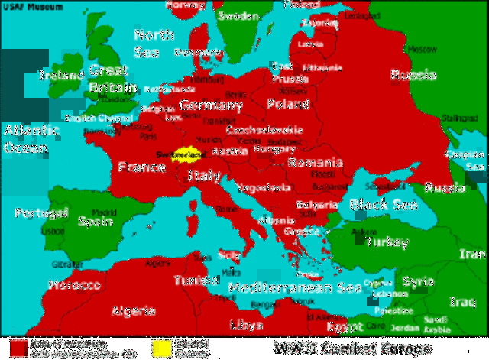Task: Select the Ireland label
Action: pyautogui.click(x=61, y=76)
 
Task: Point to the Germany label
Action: pyautogui.click(x=211, y=105)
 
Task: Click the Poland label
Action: pyautogui.click(x=288, y=103)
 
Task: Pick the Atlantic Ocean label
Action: pyautogui.click(x=31, y=138)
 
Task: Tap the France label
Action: pyautogui.click(x=141, y=167)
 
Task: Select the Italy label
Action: pyautogui.click(x=205, y=176)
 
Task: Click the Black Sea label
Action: pyautogui.click(x=377, y=204)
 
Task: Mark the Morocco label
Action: pyautogui.click(x=75, y=285)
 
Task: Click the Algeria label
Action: pyautogui.click(x=134, y=311)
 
